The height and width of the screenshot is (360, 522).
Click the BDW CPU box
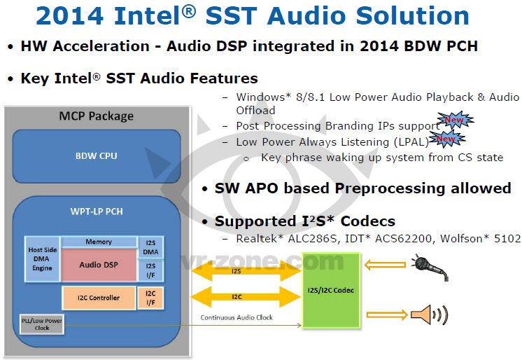(x=97, y=156)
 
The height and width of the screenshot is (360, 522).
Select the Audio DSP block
(x=99, y=265)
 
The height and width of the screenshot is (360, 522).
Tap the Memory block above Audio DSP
(x=99, y=242)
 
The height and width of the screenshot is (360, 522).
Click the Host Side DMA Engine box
(x=42, y=259)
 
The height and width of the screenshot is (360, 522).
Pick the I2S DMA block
(x=150, y=247)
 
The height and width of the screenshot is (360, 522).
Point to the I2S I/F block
(x=150, y=270)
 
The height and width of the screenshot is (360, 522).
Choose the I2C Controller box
(x=99, y=298)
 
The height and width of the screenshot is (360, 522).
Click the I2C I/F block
(x=150, y=298)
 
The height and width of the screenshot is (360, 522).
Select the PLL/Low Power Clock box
(x=42, y=324)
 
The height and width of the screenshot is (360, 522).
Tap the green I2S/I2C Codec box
(x=331, y=291)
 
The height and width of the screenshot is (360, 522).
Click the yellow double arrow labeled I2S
(x=246, y=271)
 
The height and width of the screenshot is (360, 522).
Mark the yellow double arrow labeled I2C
(x=246, y=297)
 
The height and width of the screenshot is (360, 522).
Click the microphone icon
(x=430, y=267)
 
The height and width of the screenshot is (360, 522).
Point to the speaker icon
(x=430, y=314)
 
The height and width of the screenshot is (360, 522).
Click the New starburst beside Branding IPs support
(x=455, y=120)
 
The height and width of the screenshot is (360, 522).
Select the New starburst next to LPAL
(x=446, y=139)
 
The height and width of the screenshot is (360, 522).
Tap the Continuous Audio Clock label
(x=237, y=318)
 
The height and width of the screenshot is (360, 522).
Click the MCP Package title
(x=96, y=116)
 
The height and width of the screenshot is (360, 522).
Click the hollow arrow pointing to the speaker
(x=387, y=314)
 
